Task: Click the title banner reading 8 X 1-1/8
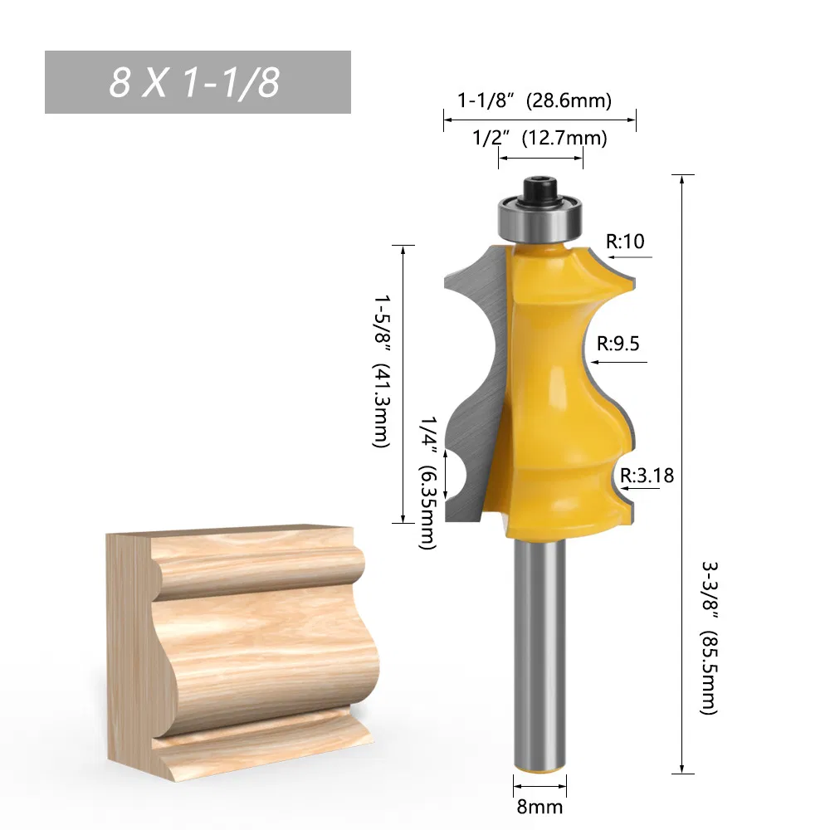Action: pyautogui.click(x=198, y=82)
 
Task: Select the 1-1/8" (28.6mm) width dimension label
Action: pyautogui.click(x=535, y=100)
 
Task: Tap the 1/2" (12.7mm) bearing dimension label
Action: pyautogui.click(x=539, y=138)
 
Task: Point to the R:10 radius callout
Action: pyautogui.click(x=625, y=242)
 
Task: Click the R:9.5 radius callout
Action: pyautogui.click(x=618, y=343)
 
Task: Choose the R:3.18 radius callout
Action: pyautogui.click(x=647, y=476)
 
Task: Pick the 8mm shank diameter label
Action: pyautogui.click(x=540, y=806)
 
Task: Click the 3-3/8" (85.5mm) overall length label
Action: pyautogui.click(x=710, y=637)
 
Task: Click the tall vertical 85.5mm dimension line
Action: pyautogui.click(x=682, y=473)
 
